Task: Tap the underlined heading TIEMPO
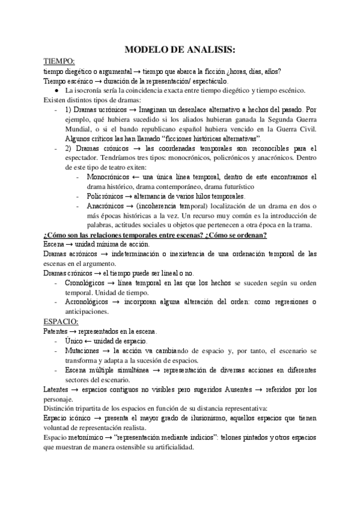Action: point(59,61)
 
